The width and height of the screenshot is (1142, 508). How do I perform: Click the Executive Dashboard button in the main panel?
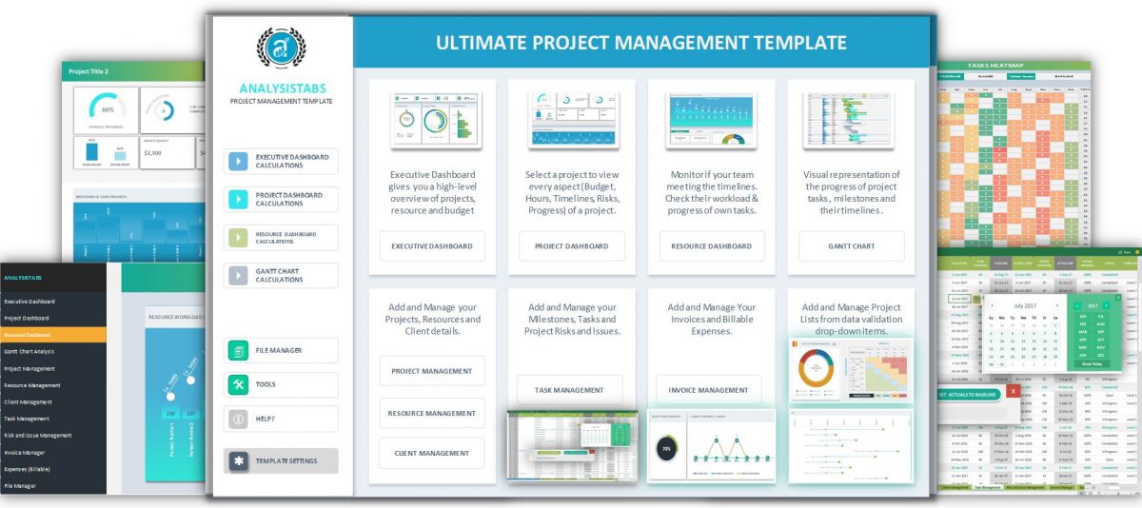point(432,246)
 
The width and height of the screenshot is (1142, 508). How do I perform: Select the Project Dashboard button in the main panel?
point(572,246)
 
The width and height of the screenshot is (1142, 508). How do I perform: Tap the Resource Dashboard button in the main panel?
point(712,246)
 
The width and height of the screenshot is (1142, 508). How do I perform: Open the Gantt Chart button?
point(851,246)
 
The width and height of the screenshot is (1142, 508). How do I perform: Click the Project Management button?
point(432,371)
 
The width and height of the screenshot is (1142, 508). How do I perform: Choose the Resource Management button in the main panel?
point(432,413)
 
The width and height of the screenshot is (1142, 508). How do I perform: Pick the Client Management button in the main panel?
point(432,454)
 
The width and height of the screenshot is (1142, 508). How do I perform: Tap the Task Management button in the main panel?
point(569,390)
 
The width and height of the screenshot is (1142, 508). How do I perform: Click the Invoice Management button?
point(708,390)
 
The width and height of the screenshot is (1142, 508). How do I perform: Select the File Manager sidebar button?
point(281,350)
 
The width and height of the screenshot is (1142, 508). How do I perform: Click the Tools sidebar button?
point(281,384)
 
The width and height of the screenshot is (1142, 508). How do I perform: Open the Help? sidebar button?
point(281,419)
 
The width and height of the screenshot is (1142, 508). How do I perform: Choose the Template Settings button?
point(281,460)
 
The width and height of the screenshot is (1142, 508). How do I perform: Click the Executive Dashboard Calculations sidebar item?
point(281,161)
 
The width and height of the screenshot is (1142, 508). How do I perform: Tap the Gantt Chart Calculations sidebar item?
point(281,276)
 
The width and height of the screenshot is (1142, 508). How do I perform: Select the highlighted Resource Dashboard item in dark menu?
point(53,335)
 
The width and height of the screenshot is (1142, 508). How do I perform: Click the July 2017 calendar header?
point(1019,305)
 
